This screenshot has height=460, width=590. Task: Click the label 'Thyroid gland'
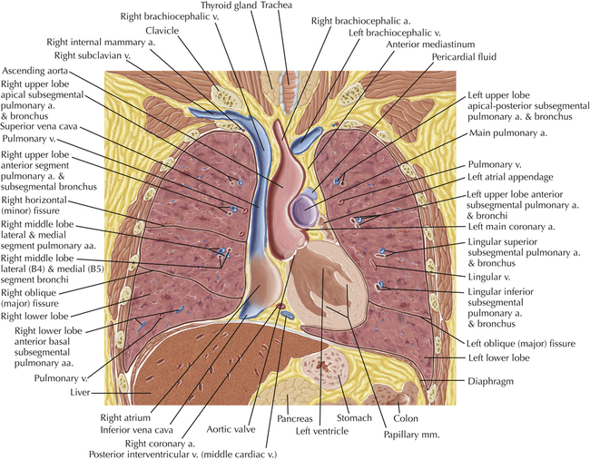229,5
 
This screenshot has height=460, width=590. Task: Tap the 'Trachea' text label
276,5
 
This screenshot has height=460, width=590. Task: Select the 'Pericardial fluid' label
464,57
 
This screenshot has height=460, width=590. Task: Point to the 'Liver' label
80,392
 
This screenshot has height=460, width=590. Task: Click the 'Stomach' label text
354,417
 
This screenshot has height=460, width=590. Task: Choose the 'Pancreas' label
295,418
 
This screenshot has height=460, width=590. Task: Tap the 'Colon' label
406,418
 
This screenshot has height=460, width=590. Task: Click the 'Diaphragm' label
491,381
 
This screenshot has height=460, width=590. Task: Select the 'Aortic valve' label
231,429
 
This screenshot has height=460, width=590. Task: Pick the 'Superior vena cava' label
39,126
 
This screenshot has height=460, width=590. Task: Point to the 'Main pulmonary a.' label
508,133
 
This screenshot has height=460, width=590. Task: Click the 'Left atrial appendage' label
510,177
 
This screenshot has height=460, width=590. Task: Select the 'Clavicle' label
162,30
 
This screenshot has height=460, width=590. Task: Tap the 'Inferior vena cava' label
136,429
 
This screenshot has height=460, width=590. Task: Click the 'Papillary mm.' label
412,435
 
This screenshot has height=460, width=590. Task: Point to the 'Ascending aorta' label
35,71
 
